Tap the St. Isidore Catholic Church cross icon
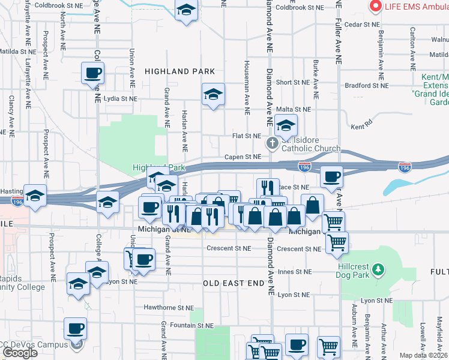[x=272, y=143]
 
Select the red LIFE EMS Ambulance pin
[x=376, y=7]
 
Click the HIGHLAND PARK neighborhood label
[x=180, y=71]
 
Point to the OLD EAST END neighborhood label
[x=234, y=283]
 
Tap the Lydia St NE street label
[x=120, y=98]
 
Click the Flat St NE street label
[x=247, y=136]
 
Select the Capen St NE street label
[x=243, y=157]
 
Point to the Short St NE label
[x=292, y=82]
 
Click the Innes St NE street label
[x=294, y=271]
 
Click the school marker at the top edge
[x=187, y=10]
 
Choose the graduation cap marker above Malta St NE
[x=213, y=95]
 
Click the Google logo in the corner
[x=20, y=353]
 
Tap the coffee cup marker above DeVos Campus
[x=76, y=329]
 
